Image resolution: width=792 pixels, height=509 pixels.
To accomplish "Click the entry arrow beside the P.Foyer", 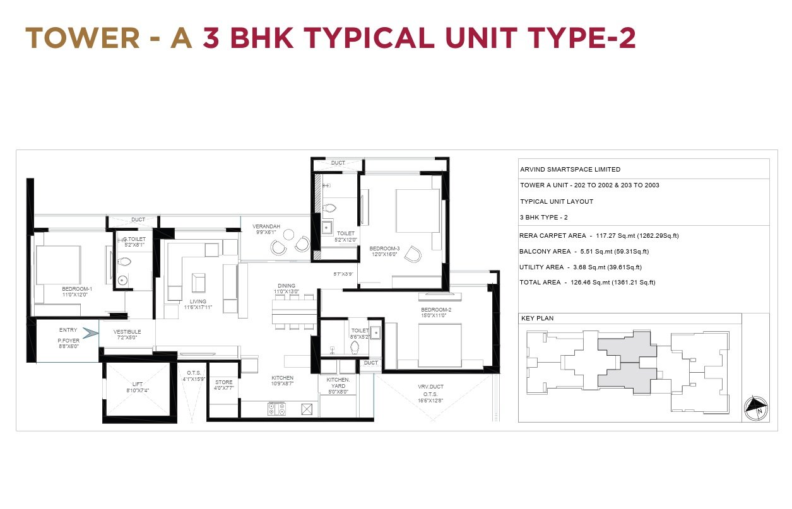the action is (x=90, y=333).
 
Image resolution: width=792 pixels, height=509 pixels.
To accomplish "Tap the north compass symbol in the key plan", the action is (x=755, y=409).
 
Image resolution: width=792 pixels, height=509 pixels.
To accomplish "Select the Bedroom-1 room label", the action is (x=77, y=289).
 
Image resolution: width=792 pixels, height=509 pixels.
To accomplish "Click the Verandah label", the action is (x=266, y=226).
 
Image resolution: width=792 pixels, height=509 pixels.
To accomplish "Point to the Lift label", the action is (x=138, y=384).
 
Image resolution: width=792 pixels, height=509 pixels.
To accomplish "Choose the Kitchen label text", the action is (x=283, y=378).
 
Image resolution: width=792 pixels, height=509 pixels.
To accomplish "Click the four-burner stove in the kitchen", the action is (x=276, y=409).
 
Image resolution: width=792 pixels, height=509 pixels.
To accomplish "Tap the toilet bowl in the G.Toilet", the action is (x=124, y=262).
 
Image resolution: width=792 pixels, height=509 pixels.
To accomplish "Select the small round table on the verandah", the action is (x=289, y=235).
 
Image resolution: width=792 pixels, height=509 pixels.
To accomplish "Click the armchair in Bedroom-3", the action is (x=413, y=254).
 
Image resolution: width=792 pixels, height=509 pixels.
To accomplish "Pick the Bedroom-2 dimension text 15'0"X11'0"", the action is (x=434, y=315).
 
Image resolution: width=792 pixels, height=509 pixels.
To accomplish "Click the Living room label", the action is (x=198, y=301).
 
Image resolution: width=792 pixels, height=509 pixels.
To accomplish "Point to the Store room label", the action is (x=224, y=382).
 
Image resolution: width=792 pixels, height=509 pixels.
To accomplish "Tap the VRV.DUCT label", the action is (x=430, y=387).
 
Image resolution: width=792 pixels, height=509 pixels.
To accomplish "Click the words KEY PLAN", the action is (x=538, y=318).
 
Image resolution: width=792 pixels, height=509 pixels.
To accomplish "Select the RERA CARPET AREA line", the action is (x=599, y=235).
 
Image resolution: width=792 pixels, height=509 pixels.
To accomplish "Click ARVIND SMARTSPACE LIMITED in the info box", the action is (x=570, y=169).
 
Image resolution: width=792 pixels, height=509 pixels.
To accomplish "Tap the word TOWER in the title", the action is (x=83, y=38).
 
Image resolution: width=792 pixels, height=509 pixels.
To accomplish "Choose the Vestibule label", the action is (x=127, y=332).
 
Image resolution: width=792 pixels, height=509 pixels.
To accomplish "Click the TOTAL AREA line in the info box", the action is (x=588, y=282).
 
